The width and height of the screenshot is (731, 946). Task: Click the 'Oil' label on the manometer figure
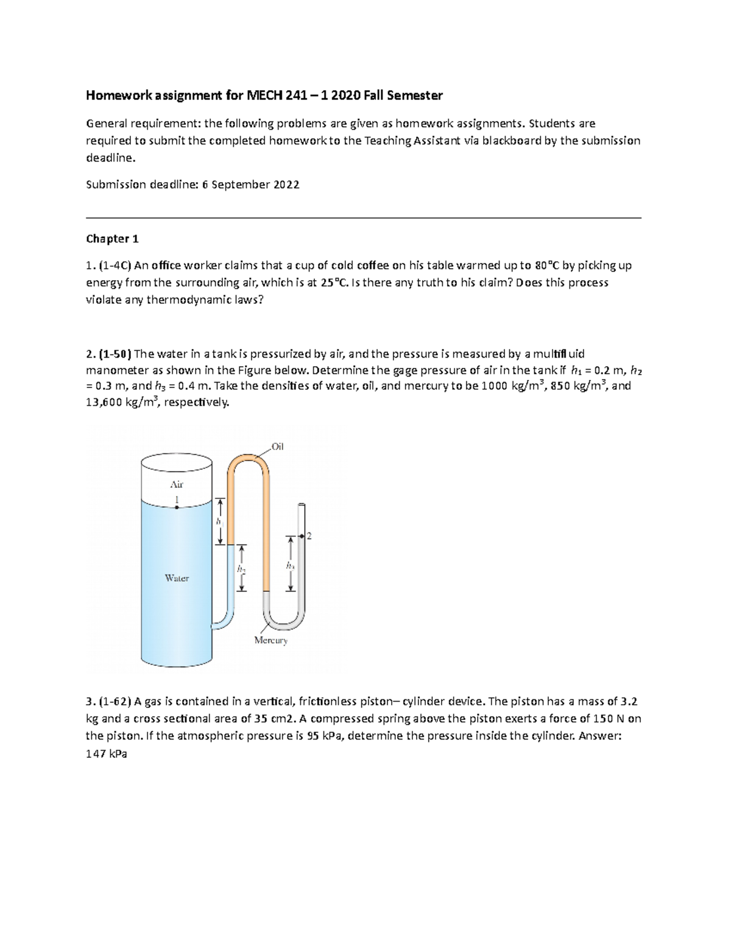pos(278,447)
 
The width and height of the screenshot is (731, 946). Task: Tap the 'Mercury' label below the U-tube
pos(270,640)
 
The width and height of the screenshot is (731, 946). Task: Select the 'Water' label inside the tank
pos(177,578)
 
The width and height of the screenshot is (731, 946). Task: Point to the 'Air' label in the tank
pos(177,484)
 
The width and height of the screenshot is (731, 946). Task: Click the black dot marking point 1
pos(177,507)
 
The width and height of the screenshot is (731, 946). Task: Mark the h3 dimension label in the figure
pos(290,566)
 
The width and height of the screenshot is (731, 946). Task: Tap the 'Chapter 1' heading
pos(108,239)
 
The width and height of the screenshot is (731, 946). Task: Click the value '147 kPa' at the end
pos(107,754)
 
